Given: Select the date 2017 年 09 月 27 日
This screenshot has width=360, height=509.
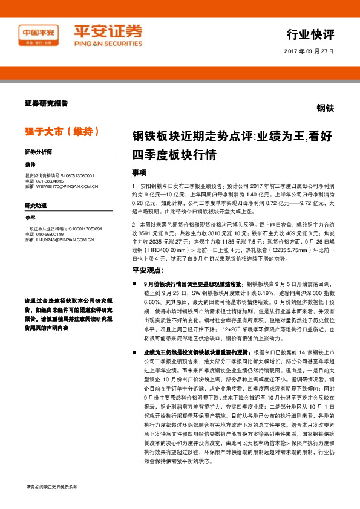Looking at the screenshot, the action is [x=309, y=52].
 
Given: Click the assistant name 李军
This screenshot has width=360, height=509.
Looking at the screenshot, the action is [x=31, y=218].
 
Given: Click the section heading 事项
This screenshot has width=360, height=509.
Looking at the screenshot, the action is [x=140, y=172].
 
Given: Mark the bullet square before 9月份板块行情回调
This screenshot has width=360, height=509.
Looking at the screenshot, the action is [x=134, y=284].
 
